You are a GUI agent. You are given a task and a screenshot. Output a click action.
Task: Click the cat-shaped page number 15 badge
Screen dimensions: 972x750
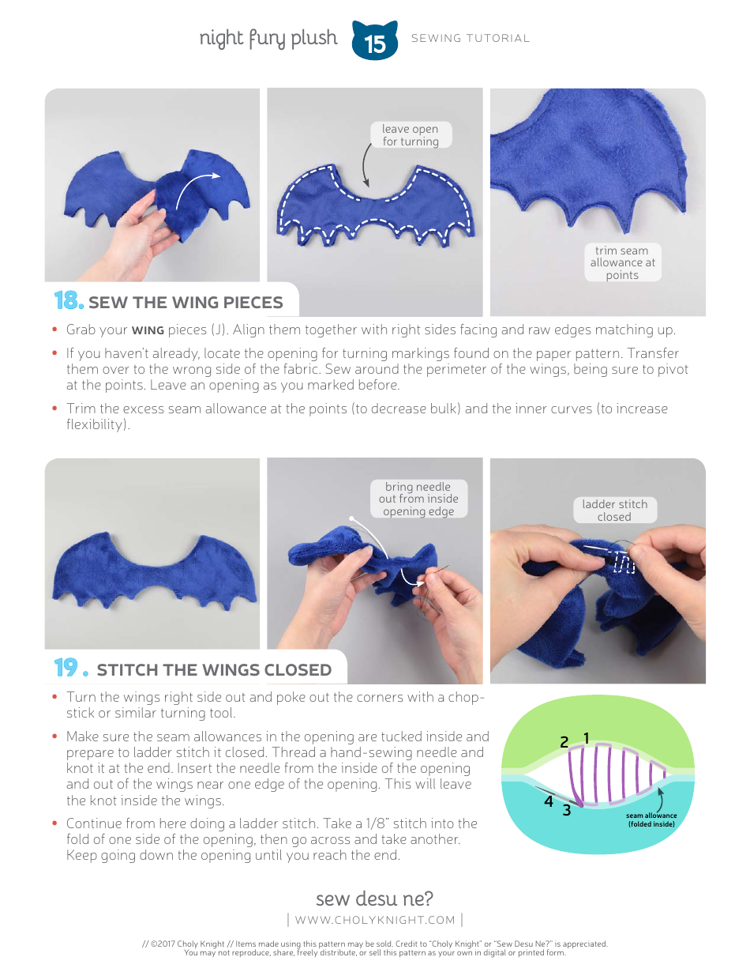(x=374, y=42)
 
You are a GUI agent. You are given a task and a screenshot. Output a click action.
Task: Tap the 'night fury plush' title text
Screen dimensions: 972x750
(x=268, y=38)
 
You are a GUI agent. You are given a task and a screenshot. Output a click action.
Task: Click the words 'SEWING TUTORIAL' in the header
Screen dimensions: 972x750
(x=471, y=38)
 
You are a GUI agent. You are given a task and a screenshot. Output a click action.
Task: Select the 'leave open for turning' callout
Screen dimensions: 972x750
(x=410, y=135)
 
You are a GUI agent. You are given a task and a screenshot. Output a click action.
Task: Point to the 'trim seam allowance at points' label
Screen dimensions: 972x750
(x=622, y=262)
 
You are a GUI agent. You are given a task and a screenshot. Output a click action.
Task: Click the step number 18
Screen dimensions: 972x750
(x=68, y=301)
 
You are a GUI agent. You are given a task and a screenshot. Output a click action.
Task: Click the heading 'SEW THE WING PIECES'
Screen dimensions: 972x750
(x=186, y=303)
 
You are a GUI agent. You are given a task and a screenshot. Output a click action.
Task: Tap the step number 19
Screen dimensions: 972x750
(x=68, y=669)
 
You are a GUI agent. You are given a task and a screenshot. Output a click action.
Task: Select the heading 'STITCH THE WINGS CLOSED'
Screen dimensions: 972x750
(x=214, y=670)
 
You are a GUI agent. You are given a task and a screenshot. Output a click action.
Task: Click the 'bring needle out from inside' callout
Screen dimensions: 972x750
(x=418, y=499)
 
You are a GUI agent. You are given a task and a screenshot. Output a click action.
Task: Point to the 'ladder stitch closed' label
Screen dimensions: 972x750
(x=614, y=510)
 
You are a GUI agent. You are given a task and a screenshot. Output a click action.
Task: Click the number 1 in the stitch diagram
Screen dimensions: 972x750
(x=587, y=738)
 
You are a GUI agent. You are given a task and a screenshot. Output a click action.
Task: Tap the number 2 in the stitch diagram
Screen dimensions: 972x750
(x=564, y=742)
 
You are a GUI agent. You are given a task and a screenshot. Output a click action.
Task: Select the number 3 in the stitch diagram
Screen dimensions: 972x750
(x=566, y=810)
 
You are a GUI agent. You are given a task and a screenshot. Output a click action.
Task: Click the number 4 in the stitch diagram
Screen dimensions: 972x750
(x=548, y=801)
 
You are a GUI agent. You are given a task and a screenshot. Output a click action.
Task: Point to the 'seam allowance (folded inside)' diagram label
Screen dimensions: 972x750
(x=651, y=819)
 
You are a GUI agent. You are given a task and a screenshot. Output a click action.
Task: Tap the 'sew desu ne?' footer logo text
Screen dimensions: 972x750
(x=374, y=899)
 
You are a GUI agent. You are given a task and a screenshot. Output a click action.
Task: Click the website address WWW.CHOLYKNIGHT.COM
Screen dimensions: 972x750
(x=375, y=920)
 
